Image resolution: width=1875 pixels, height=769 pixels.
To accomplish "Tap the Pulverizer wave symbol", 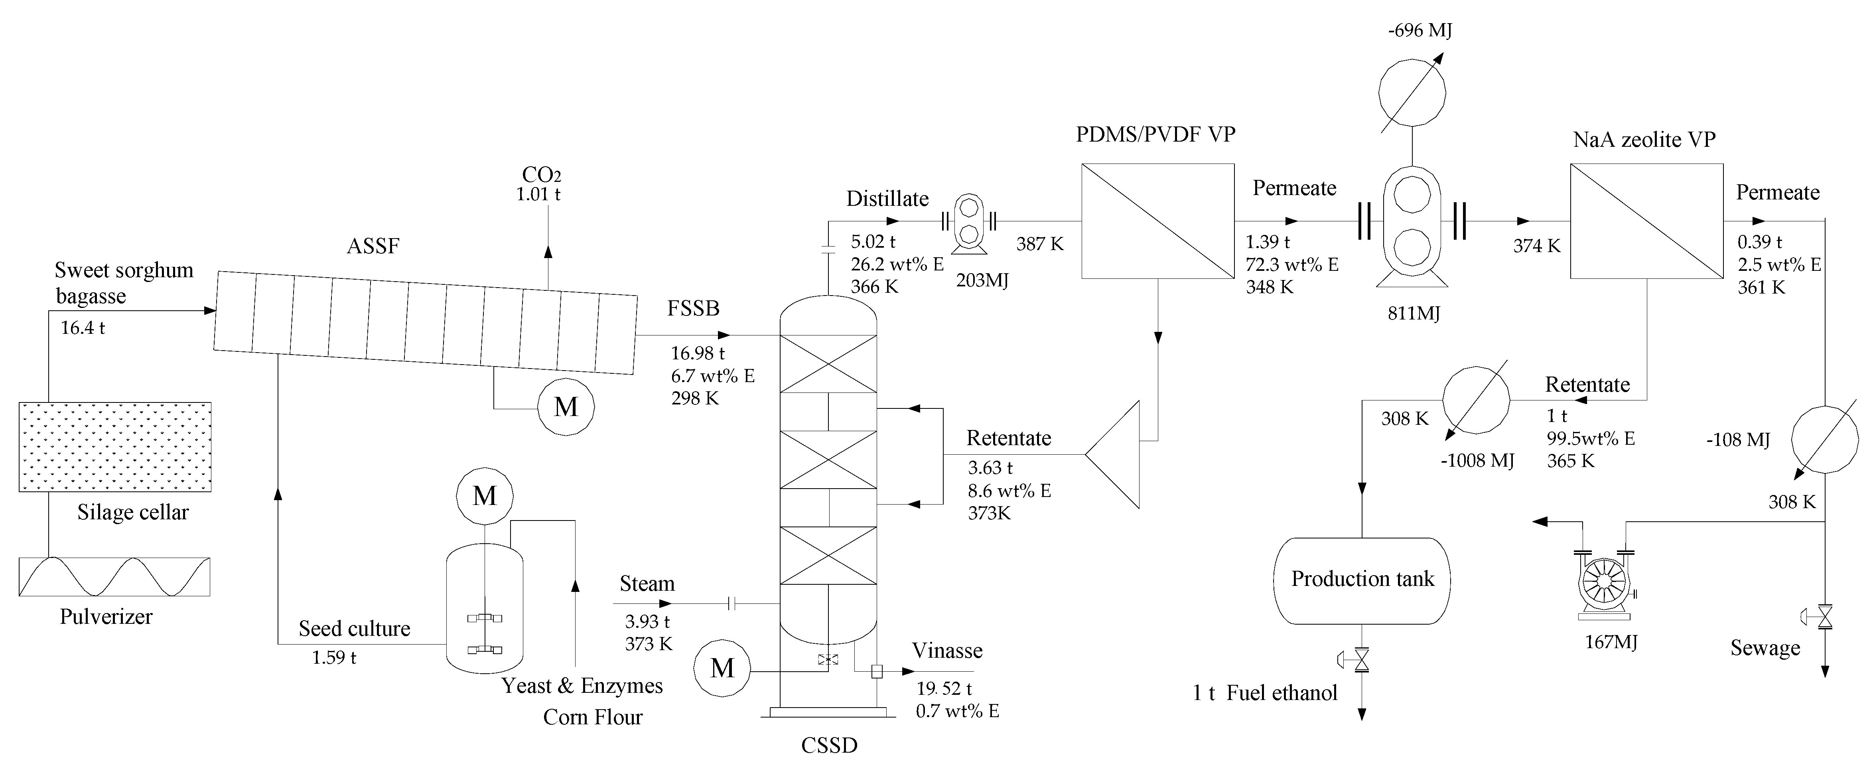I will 114,577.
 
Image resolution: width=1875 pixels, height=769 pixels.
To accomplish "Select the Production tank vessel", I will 1362,580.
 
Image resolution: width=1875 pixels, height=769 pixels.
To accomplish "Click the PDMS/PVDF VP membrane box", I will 1157,221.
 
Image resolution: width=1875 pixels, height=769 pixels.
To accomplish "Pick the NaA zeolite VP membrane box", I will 1646,221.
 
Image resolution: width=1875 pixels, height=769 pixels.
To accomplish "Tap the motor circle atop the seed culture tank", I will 485,496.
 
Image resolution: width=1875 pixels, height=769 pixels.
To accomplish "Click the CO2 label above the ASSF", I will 542,175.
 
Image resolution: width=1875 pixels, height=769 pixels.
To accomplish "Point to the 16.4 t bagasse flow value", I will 82,328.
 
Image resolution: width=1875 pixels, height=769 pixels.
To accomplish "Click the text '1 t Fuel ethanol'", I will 1265,692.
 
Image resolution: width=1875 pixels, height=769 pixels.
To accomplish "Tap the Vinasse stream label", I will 947,650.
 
